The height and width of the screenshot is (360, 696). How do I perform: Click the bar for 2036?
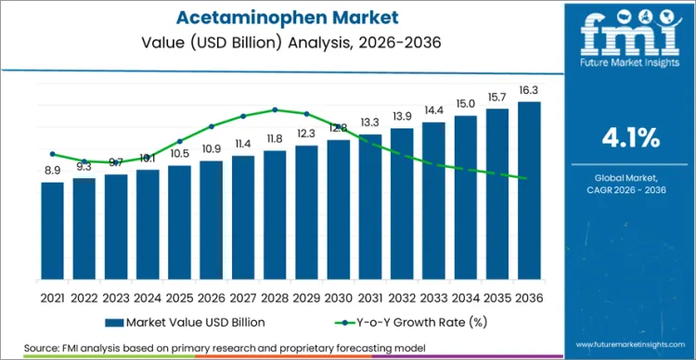click(x=528, y=190)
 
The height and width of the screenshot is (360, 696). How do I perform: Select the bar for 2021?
click(x=53, y=230)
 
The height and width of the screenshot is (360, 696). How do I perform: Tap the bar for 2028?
click(x=275, y=214)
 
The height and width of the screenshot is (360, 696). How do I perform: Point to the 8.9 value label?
click(x=53, y=171)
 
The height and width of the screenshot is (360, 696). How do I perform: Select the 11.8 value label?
click(x=275, y=139)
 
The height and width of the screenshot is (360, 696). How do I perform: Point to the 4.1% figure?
click(x=631, y=139)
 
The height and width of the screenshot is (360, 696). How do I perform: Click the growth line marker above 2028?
click(x=275, y=109)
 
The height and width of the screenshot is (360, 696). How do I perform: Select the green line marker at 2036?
click(x=528, y=178)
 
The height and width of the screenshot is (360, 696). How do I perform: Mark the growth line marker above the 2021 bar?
click(x=53, y=154)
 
